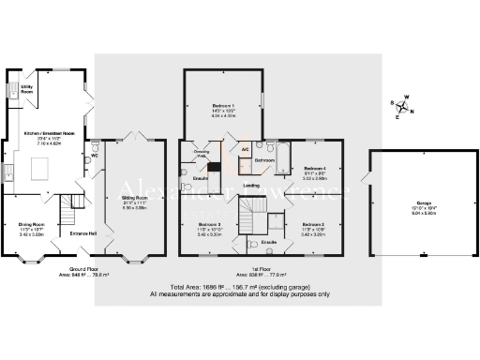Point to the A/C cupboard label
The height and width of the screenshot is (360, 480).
click(245, 149)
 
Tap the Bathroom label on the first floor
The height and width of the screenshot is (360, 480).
click(264, 160)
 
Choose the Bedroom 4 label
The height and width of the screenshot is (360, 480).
click(316, 171)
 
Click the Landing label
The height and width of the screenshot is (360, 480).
click(251, 186)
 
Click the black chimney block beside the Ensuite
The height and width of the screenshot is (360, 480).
click(213, 168)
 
